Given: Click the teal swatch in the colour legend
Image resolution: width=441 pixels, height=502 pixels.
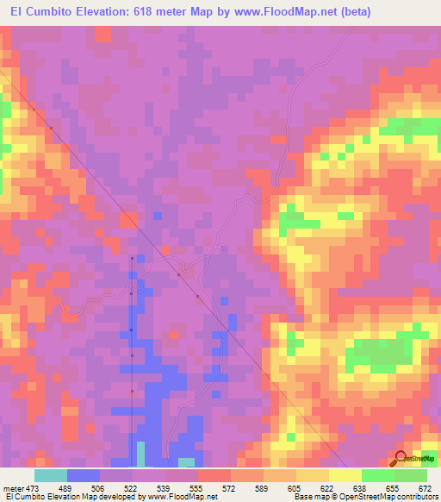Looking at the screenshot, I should pos(51,475).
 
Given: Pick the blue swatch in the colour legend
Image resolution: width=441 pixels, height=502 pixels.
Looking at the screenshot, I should pos(84,475).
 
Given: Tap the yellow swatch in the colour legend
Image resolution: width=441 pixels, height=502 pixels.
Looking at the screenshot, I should pos(345,475).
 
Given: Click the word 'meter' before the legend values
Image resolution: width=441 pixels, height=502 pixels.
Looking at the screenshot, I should pos(13,488).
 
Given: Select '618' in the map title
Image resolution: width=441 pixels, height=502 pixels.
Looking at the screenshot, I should pos(163,11).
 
